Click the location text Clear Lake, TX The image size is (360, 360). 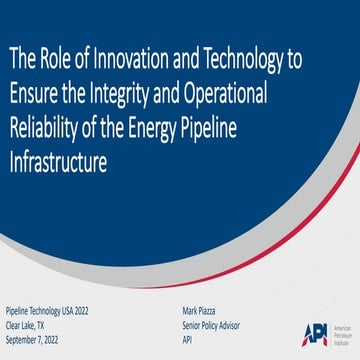tap(27, 325)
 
